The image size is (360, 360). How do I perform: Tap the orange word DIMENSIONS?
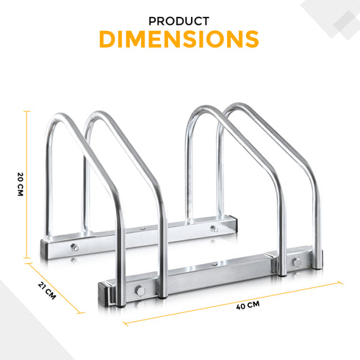pos(180,39)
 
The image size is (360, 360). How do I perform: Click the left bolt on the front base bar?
pos(137,292)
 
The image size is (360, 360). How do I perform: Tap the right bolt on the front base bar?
pos(296,263)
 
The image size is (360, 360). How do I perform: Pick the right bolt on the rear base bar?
pos(214,228)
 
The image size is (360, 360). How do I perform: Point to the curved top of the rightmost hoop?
pos(242,110)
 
